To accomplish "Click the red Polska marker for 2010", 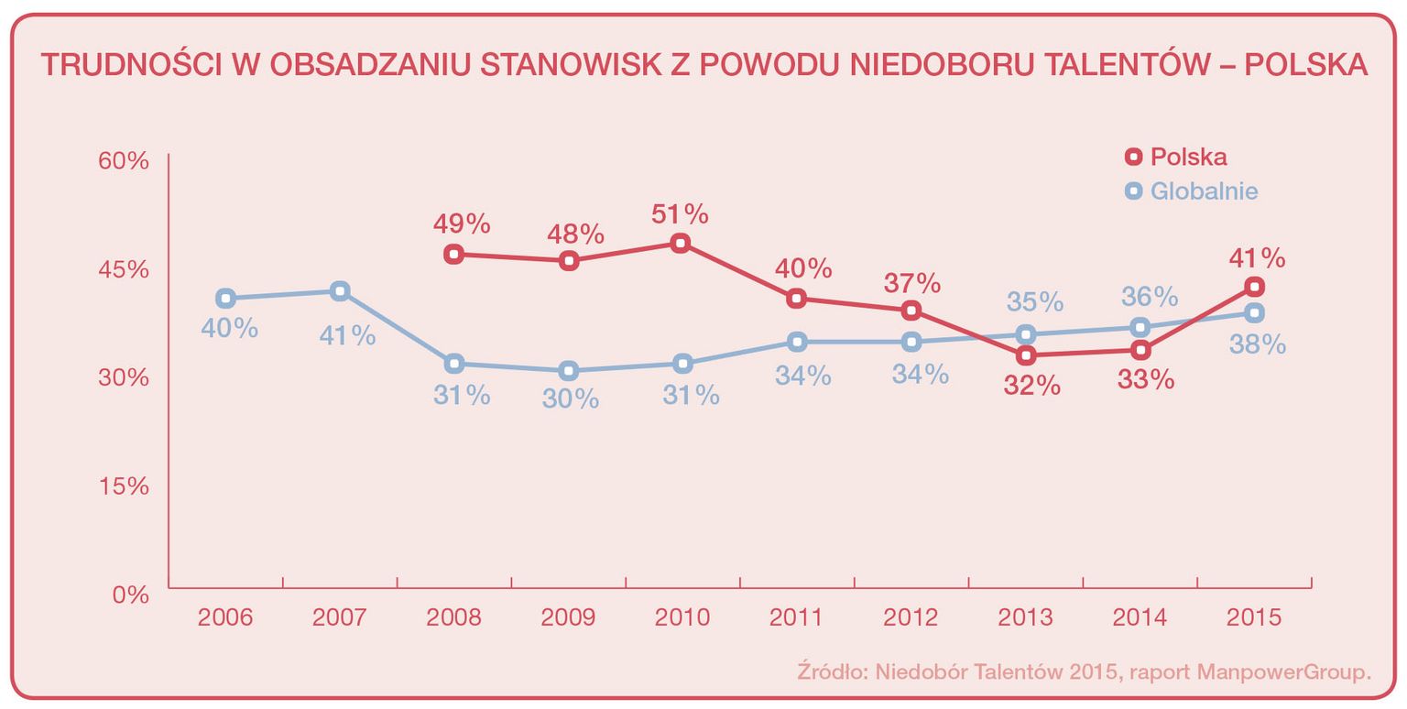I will (x=680, y=244).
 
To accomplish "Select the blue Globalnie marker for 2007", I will (x=339, y=291).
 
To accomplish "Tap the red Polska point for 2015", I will (x=1254, y=287).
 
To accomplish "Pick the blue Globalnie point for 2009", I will (x=568, y=371).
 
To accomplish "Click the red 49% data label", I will (x=462, y=224).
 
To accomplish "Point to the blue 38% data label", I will (x=1258, y=344).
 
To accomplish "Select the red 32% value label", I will (x=1031, y=386).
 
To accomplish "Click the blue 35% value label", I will (x=1035, y=301).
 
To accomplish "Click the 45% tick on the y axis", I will (x=124, y=269).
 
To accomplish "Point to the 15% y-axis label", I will (x=124, y=485).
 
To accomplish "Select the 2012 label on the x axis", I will (x=911, y=616).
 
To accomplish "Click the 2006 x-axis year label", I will (x=225, y=616).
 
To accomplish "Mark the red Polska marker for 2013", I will (x=1026, y=355).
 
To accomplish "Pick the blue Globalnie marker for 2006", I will (x=225, y=299).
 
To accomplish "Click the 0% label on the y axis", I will (x=131, y=594).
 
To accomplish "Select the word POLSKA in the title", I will (x=1307, y=65).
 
